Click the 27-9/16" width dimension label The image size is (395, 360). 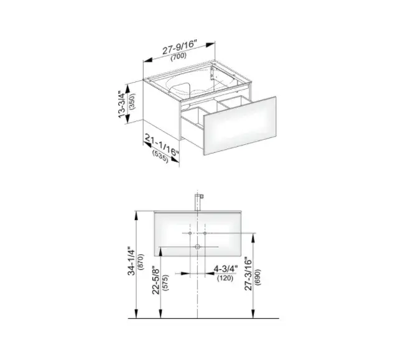click(x=179, y=47)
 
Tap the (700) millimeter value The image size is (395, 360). click(x=179, y=57)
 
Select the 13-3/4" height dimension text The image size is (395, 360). click(x=122, y=104)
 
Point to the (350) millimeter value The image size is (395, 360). click(x=132, y=101)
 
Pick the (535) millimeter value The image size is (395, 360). click(x=160, y=156)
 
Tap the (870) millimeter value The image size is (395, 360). click(x=141, y=262)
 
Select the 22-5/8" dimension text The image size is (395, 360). click(x=156, y=280)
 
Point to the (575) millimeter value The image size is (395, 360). click(x=165, y=283)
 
